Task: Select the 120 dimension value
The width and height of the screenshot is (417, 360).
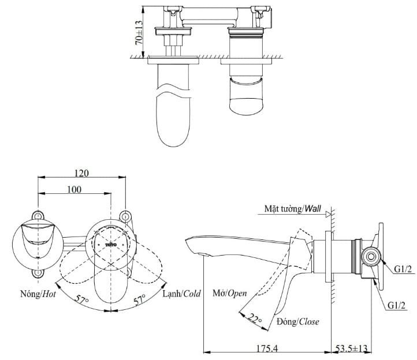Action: (x=81, y=173)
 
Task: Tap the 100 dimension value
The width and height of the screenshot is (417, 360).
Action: (x=74, y=189)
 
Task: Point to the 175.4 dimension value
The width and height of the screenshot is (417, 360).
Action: (x=267, y=348)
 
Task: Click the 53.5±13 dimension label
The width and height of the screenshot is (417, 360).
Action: (x=353, y=348)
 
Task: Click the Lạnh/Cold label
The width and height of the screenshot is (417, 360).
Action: (x=181, y=293)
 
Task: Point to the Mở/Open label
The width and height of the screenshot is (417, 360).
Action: (x=229, y=293)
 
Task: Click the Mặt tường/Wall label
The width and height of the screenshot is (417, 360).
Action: (x=292, y=208)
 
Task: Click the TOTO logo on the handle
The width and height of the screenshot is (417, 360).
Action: (x=111, y=245)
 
